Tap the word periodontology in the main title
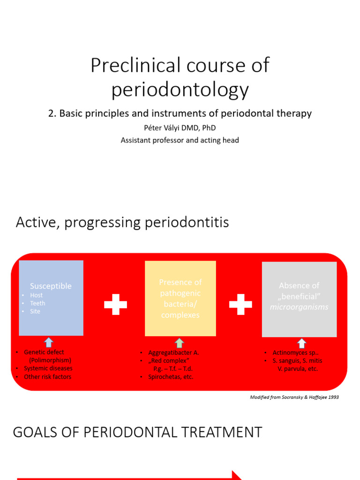point(180,89)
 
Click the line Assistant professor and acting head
point(180,140)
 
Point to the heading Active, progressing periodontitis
point(122,222)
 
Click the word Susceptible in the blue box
point(51,286)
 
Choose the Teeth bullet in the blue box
point(37,303)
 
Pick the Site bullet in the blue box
point(35,311)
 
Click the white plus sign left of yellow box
point(115,305)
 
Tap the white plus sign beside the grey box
point(240,305)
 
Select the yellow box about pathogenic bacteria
point(180,299)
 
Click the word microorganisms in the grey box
point(299,307)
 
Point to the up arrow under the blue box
point(49,343)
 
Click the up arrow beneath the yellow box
point(180,343)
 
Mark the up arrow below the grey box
point(301,343)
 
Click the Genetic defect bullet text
point(44,352)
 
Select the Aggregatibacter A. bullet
point(173,352)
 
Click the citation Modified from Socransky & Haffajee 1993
point(294,397)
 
